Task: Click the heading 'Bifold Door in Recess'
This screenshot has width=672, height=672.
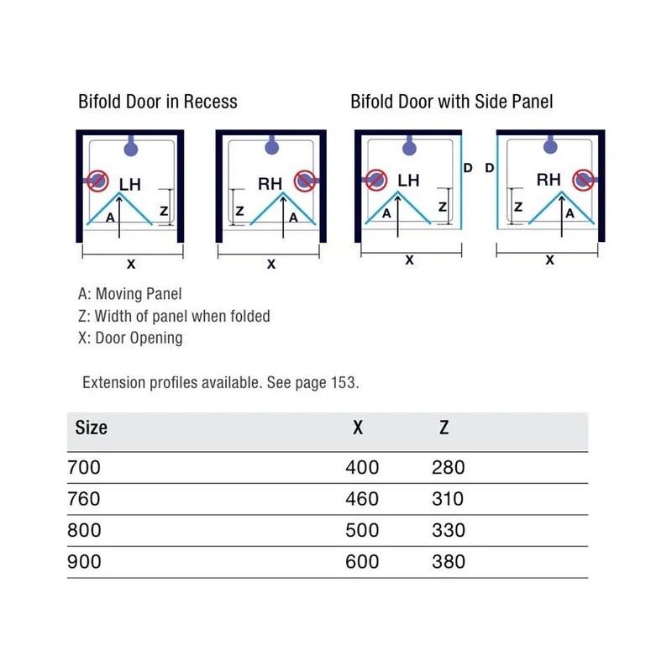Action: [158, 102]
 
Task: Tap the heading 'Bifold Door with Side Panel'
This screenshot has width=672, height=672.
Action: [452, 102]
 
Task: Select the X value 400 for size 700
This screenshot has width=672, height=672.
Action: [362, 467]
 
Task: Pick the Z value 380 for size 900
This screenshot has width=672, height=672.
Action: [449, 561]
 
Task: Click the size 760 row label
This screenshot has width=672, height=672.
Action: [84, 499]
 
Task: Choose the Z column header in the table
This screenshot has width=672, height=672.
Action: [444, 428]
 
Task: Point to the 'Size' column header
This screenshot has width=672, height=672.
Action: [92, 428]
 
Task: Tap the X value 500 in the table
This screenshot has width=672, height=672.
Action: [362, 530]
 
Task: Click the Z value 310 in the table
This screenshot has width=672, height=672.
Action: [448, 499]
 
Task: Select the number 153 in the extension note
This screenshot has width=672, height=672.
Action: [344, 382]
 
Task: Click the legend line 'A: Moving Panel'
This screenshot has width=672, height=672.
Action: [130, 294]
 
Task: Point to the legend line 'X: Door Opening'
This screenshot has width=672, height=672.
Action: [130, 339]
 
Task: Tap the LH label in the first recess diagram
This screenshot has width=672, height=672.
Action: [130, 185]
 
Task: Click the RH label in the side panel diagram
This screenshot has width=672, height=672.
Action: [549, 180]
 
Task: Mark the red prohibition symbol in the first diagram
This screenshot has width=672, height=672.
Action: [97, 181]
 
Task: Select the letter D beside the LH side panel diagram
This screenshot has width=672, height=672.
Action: [468, 168]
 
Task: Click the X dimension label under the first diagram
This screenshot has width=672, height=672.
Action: [131, 264]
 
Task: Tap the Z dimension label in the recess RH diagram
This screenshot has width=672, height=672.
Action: [239, 211]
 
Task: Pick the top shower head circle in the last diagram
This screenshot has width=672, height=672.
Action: [550, 147]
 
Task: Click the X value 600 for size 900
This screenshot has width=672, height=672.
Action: [362, 561]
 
